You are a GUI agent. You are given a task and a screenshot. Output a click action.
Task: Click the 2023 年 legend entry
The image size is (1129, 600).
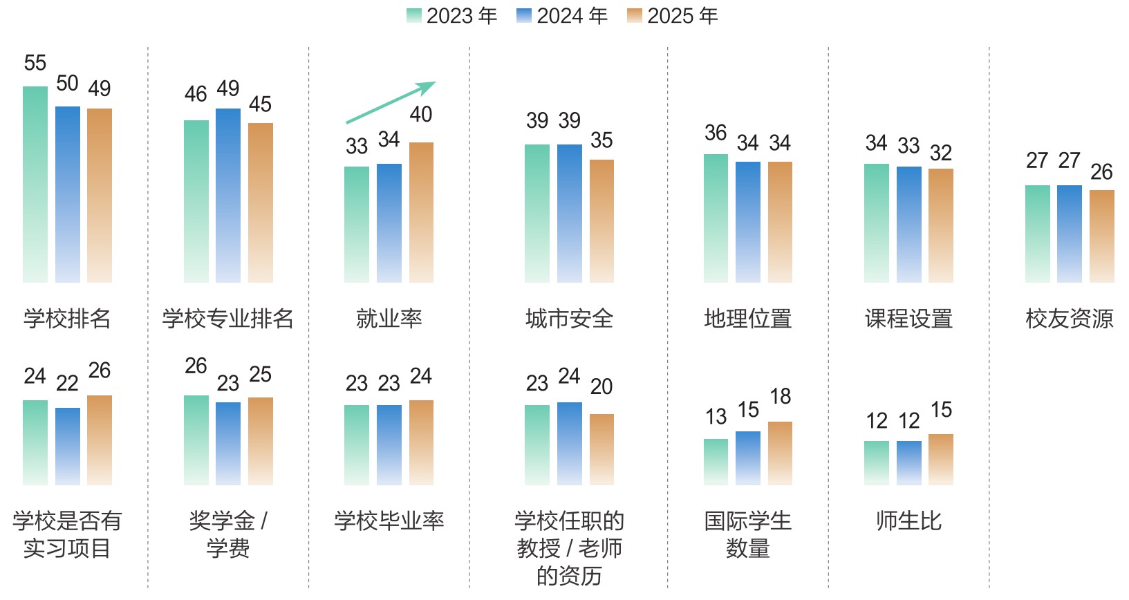point(452,16)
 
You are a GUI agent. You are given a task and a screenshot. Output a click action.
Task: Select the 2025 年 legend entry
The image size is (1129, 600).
point(673,16)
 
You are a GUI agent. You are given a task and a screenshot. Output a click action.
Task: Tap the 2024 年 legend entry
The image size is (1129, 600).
point(562,16)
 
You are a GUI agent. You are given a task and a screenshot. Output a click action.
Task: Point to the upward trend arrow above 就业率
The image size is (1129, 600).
point(391,102)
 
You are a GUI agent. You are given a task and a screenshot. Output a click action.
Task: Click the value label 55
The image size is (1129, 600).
point(35,64)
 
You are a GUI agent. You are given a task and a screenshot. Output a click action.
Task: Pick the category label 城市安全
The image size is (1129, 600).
point(569,319)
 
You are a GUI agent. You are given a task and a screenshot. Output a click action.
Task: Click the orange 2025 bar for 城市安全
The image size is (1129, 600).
point(601,221)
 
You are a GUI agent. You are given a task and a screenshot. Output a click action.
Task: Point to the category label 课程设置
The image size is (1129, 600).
point(908,319)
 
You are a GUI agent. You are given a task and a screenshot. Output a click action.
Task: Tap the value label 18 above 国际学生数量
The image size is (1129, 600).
point(780,397)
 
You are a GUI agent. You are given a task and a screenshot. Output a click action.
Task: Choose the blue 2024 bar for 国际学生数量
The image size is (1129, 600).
point(748,458)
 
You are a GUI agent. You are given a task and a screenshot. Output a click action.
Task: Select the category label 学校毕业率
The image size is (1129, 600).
point(389,521)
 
